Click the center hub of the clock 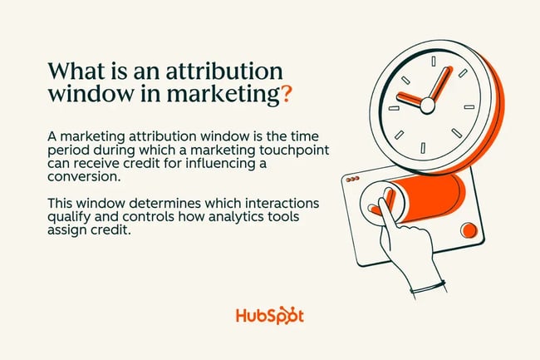(x=428, y=105)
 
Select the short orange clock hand (x=410, y=99)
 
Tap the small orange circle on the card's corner (x=469, y=229)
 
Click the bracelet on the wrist (x=428, y=288)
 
